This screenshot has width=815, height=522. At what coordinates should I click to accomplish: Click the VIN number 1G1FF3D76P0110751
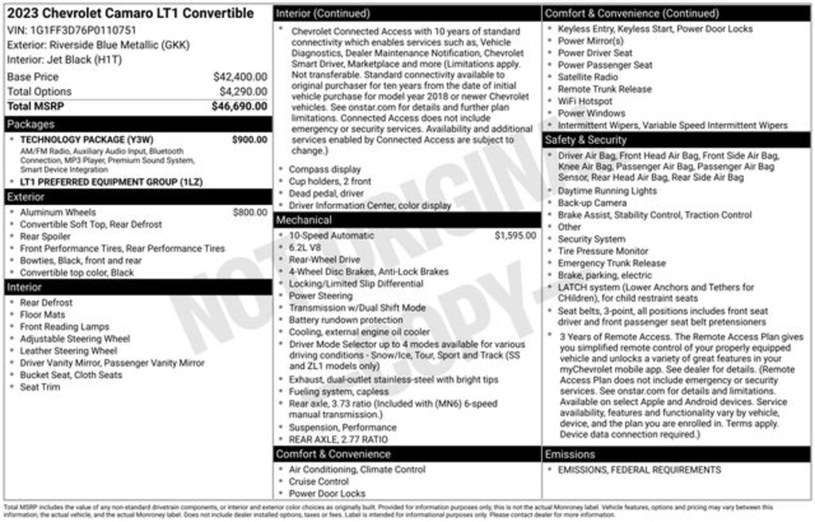coord(83,30)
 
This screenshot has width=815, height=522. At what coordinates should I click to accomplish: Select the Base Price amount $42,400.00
coord(240,77)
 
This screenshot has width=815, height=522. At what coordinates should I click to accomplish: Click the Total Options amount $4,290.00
coord(243,92)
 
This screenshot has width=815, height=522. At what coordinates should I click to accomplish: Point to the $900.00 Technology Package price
coord(249,140)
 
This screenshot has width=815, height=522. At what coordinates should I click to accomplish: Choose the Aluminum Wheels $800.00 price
coord(250,212)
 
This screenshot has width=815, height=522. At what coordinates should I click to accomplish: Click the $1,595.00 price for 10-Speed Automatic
coord(515,236)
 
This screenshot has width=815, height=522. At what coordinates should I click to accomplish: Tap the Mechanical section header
coord(304,220)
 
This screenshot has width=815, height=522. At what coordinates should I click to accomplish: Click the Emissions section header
coord(571,454)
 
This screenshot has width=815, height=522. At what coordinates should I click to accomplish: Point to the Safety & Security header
coord(587,140)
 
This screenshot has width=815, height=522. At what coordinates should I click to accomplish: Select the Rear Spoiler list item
coord(45,236)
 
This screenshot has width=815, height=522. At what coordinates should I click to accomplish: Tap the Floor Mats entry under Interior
coord(42,314)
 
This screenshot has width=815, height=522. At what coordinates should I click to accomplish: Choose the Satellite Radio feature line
coord(587,77)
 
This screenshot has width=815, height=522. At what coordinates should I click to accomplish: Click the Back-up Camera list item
coord(592,203)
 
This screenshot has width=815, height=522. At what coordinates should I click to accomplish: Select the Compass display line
coord(325,169)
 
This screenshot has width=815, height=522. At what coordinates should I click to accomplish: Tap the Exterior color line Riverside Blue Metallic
coord(98,45)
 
